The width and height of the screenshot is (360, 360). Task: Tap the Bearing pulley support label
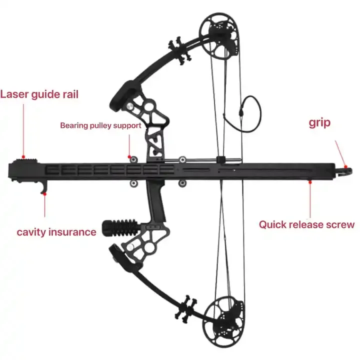100,125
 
